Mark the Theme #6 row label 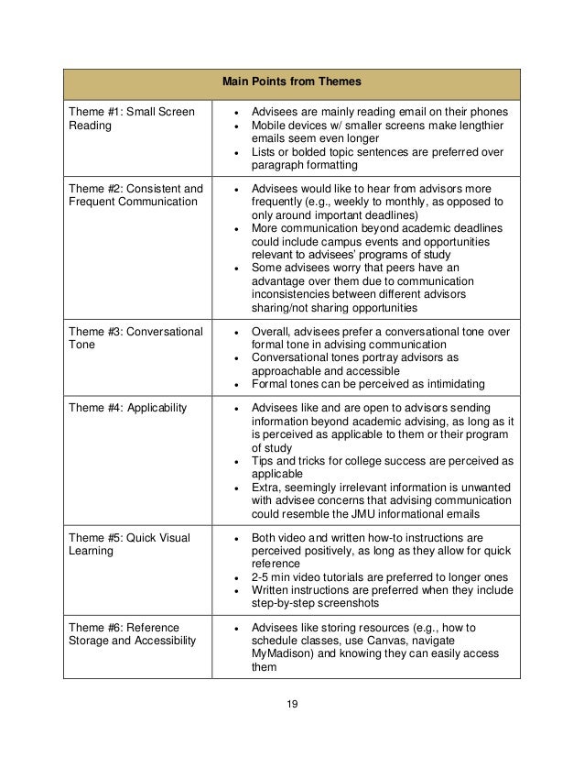point(132,633)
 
